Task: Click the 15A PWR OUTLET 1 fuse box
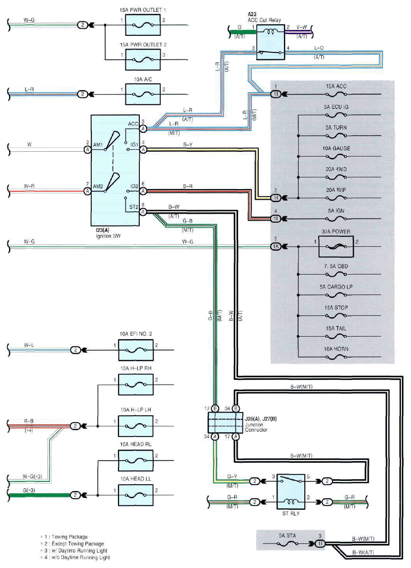tap(143, 25)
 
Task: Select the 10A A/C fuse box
tap(143, 95)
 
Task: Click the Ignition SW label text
tap(108, 236)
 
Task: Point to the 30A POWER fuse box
tap(336, 247)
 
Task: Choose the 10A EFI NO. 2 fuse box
tap(136, 351)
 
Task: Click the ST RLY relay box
tap(291, 492)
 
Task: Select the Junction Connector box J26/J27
tap(225, 422)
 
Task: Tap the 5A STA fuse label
tap(287, 535)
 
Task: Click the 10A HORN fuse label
tap(336, 349)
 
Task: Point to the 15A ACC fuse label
tap(336, 86)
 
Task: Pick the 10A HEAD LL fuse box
tap(136, 495)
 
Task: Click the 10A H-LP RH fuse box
tap(136, 385)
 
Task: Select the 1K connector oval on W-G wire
tap(275, 247)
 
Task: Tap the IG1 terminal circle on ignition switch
tap(143, 149)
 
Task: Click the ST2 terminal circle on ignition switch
tap(143, 212)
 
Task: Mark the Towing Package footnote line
tap(64, 537)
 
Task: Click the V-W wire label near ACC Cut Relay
tap(302, 27)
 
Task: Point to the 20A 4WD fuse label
tap(336, 169)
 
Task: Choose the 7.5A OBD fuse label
tap(336, 266)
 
